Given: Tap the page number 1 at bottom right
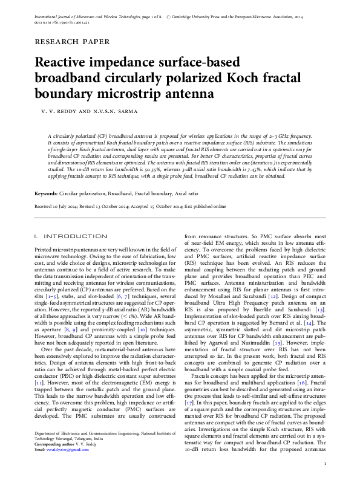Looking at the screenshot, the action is (x=325, y=463).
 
